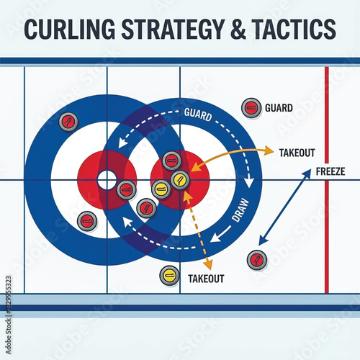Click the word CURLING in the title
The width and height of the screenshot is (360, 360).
click(69, 30)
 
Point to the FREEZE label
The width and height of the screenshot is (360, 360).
click(330, 172)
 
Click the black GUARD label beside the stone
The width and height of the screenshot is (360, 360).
click(279, 108)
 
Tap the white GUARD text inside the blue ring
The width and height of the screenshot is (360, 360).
click(198, 113)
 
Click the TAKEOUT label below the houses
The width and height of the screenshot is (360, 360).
click(206, 279)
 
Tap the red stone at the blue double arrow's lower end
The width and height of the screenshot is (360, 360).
click(256, 259)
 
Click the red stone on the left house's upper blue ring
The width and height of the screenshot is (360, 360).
click(68, 121)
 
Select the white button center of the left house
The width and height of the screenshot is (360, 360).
click(107, 179)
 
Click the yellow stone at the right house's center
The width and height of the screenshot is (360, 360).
click(180, 178)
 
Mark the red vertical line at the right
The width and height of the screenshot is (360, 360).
click(327, 180)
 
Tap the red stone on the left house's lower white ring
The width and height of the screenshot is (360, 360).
click(86, 220)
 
